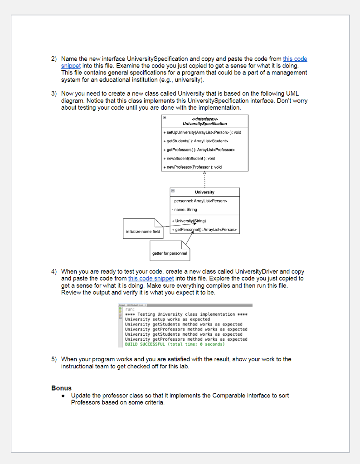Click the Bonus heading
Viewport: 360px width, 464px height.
click(x=61, y=388)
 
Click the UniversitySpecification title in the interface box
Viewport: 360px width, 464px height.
click(x=205, y=124)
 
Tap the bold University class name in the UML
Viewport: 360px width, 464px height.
click(x=204, y=192)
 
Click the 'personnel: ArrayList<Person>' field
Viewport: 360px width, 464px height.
click(x=199, y=201)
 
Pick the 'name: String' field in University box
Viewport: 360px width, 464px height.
click(x=185, y=209)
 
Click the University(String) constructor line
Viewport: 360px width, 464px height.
click(x=190, y=221)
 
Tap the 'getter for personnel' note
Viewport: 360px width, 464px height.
click(x=169, y=253)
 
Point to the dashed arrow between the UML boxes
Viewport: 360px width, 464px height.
click(x=204, y=179)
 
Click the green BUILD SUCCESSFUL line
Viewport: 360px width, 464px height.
click(x=175, y=344)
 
